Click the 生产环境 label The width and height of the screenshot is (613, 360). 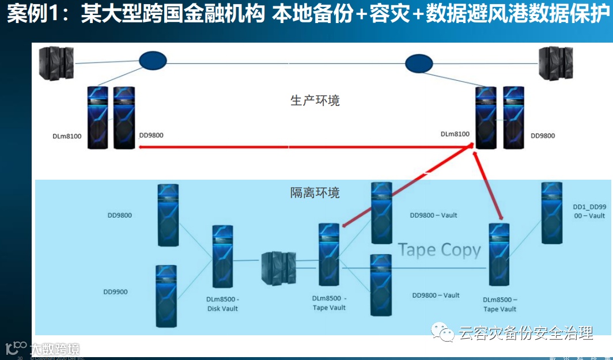[x=315, y=100]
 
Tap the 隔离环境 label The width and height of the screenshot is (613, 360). [x=315, y=192]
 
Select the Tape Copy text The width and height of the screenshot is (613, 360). [x=439, y=250]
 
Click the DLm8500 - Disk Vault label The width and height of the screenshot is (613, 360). [x=223, y=304]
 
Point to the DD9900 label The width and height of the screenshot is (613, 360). [x=116, y=291]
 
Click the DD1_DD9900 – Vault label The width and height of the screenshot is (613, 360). [x=589, y=211]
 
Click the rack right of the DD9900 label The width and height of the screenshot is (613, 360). [x=165, y=295]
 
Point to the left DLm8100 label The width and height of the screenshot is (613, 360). [x=66, y=136]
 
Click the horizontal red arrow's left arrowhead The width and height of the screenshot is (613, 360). [x=142, y=147]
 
